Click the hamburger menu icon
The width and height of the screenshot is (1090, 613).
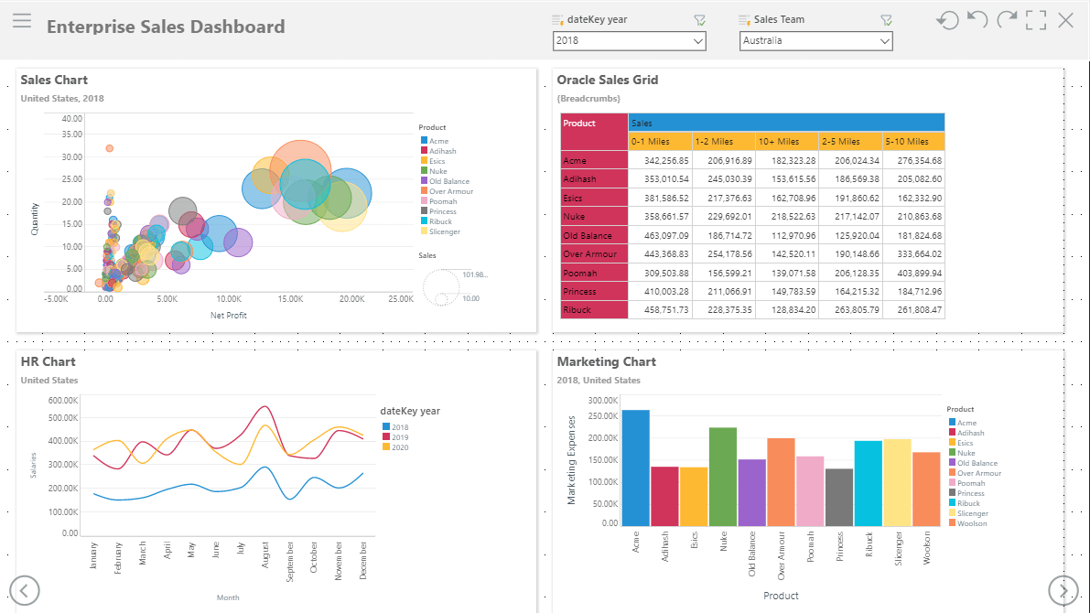(22, 21)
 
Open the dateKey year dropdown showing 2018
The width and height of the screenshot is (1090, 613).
(629, 41)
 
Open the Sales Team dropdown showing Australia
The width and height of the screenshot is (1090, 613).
(815, 41)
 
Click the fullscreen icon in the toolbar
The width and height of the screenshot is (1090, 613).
(1036, 20)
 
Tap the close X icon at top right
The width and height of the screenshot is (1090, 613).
(1065, 20)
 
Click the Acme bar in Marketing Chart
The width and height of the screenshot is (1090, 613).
(635, 468)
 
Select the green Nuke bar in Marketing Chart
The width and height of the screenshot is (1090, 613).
(723, 477)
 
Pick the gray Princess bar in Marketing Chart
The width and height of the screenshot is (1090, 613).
(839, 497)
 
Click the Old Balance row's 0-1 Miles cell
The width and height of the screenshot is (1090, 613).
(660, 236)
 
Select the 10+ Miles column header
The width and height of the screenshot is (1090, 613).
(786, 141)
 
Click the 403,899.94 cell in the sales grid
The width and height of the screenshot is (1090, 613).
(913, 274)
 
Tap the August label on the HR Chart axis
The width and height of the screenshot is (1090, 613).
(264, 555)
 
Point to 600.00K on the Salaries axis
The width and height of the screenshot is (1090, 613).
(63, 401)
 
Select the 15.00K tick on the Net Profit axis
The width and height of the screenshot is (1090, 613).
(290, 299)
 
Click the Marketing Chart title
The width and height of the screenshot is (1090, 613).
(606, 361)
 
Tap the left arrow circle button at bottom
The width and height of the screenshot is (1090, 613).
(25, 591)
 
